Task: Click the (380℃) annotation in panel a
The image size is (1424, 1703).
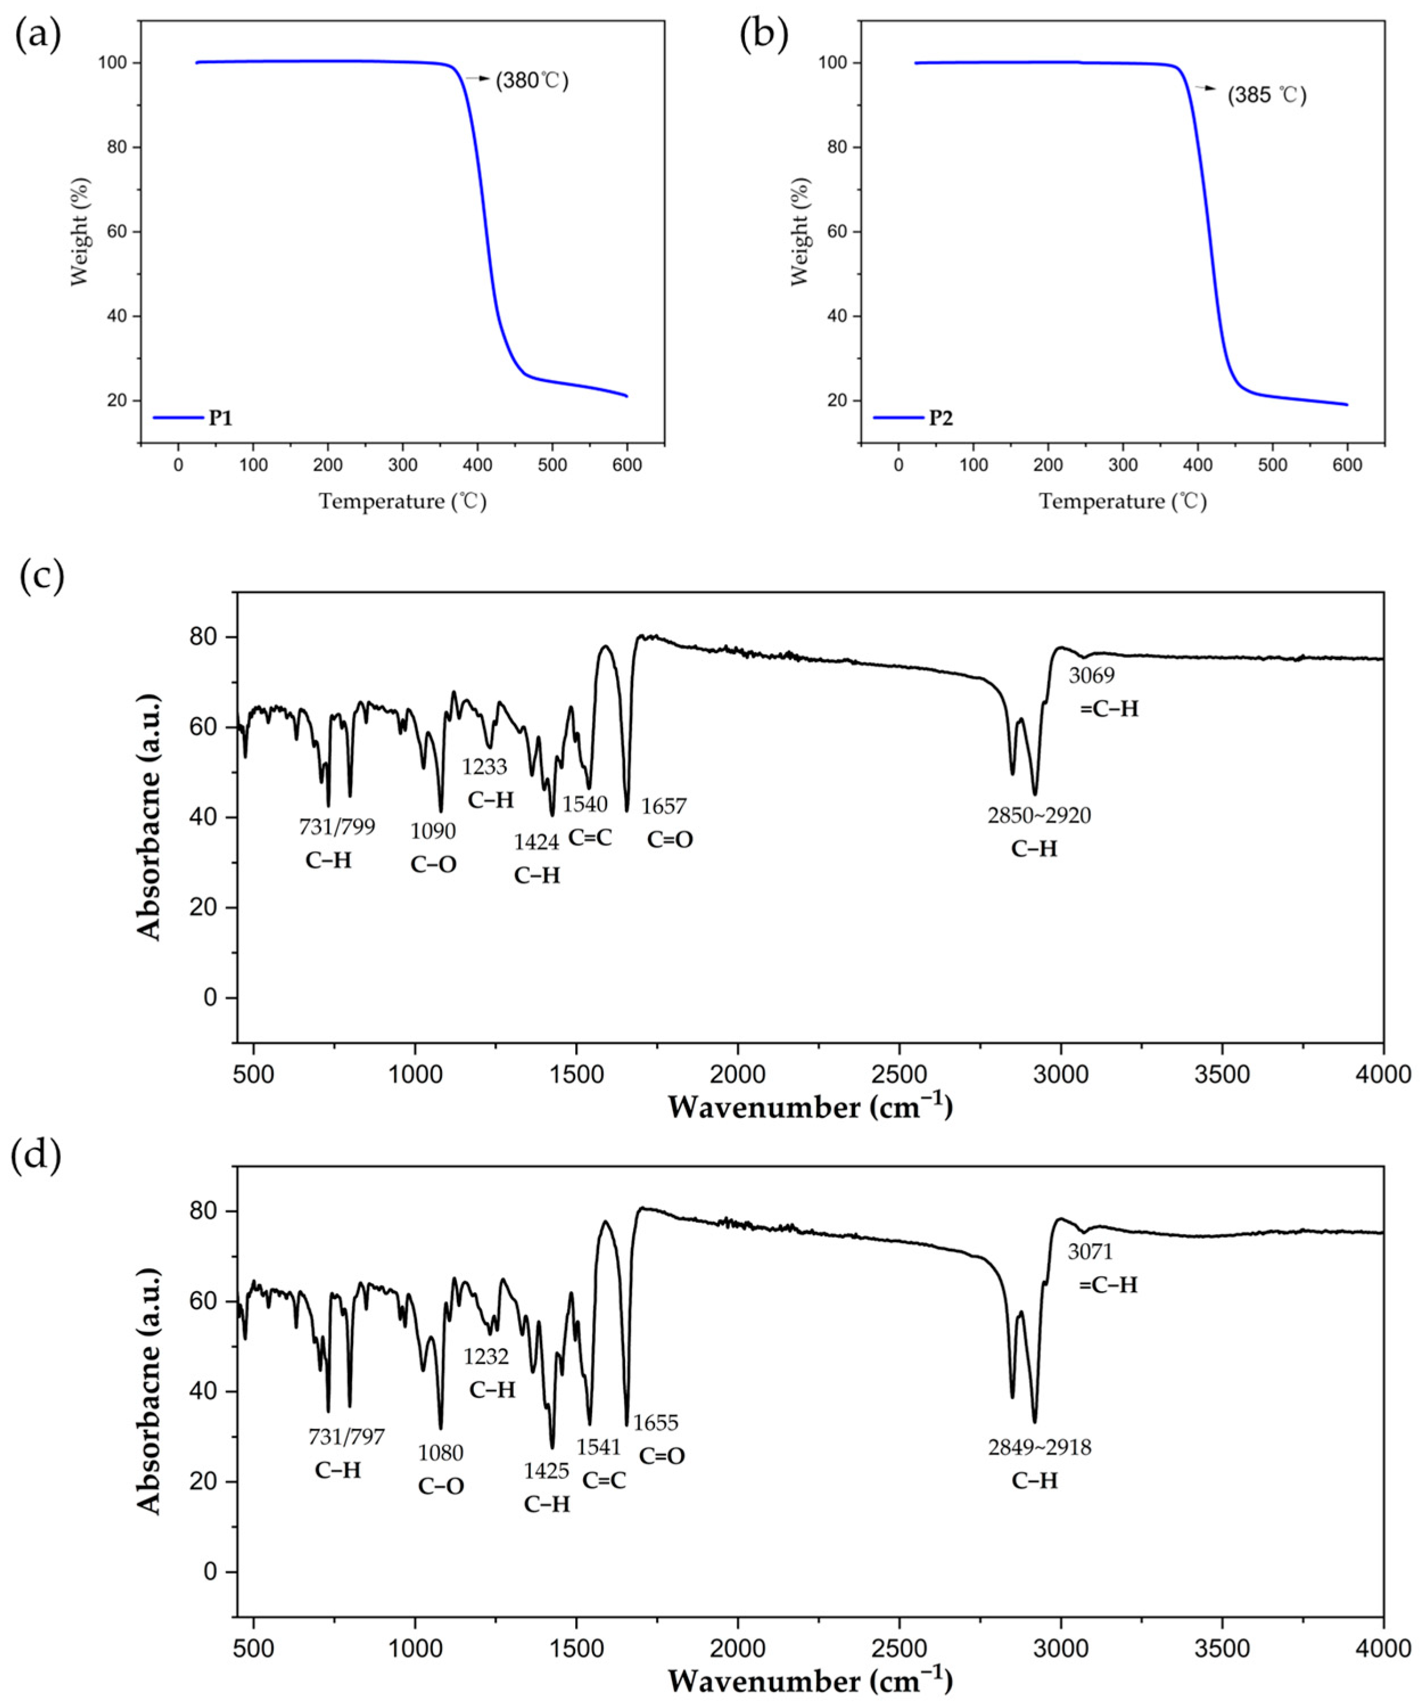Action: tap(532, 81)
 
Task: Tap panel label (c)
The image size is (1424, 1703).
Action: tap(38, 576)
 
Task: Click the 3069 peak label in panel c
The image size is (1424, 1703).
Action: tap(1092, 675)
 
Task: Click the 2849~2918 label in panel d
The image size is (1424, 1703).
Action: tap(1039, 1447)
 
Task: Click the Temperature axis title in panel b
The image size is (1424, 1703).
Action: tap(1123, 501)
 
